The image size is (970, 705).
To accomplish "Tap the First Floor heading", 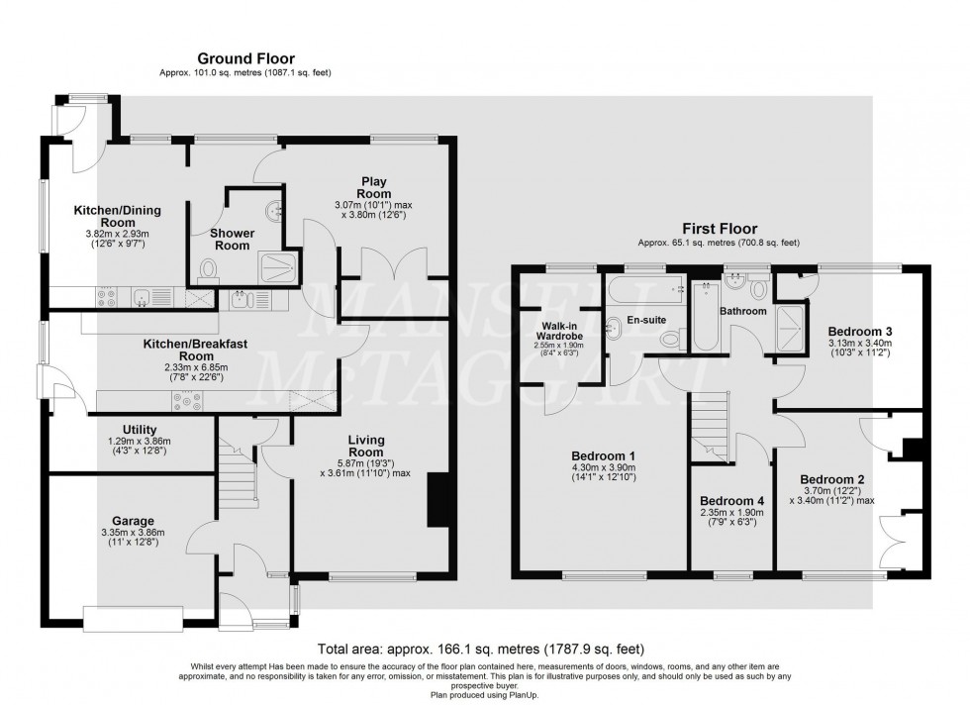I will click(718, 229).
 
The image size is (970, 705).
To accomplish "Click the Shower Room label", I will click(232, 240).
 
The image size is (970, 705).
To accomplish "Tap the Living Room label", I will click(366, 447).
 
